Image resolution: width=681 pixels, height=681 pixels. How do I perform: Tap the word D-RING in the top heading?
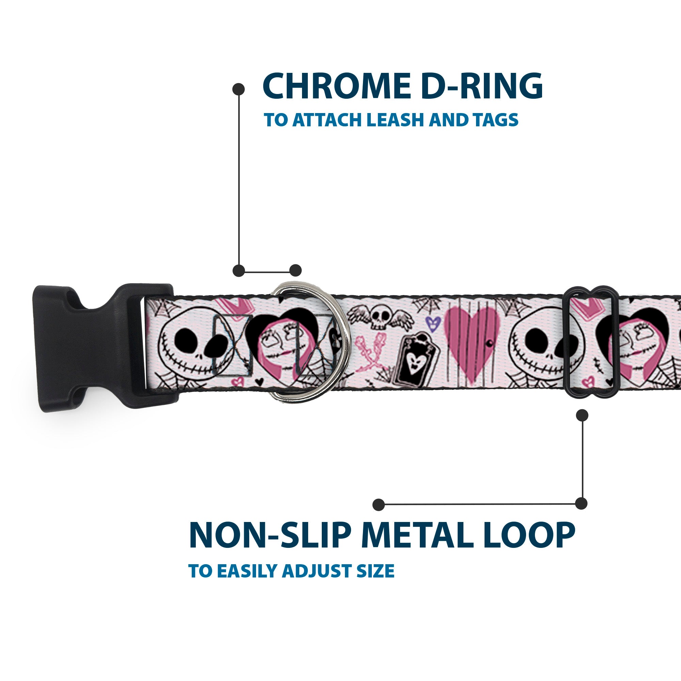(481, 86)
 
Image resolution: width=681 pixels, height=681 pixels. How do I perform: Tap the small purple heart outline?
(432, 322)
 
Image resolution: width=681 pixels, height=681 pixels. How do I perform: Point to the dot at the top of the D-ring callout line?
(239, 89)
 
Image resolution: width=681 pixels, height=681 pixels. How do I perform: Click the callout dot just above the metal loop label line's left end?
(379, 504)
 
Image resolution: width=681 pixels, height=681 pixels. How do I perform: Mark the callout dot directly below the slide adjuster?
(582, 415)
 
